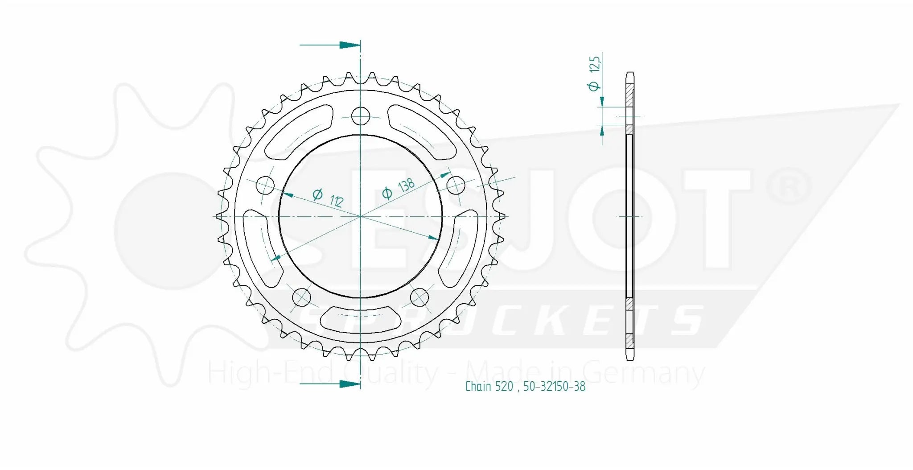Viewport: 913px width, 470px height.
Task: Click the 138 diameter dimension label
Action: (x=399, y=188)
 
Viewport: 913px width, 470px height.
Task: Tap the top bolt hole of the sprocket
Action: (x=361, y=116)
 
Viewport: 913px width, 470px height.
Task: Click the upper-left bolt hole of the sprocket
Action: (x=265, y=185)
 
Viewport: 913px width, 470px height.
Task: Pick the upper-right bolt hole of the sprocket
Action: (x=456, y=186)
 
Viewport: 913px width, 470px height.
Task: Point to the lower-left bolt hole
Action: (x=301, y=297)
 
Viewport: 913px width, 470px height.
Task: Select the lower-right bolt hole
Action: (x=419, y=297)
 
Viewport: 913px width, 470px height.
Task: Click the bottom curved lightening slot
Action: (x=360, y=317)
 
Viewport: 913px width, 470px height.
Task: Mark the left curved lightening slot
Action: (x=262, y=245)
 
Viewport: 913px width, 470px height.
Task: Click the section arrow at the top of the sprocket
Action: (x=330, y=45)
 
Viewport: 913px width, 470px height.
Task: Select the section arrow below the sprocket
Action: (x=330, y=384)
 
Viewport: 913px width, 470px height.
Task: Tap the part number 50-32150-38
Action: (x=554, y=386)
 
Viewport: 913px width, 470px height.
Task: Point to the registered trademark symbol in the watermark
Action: (x=788, y=187)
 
